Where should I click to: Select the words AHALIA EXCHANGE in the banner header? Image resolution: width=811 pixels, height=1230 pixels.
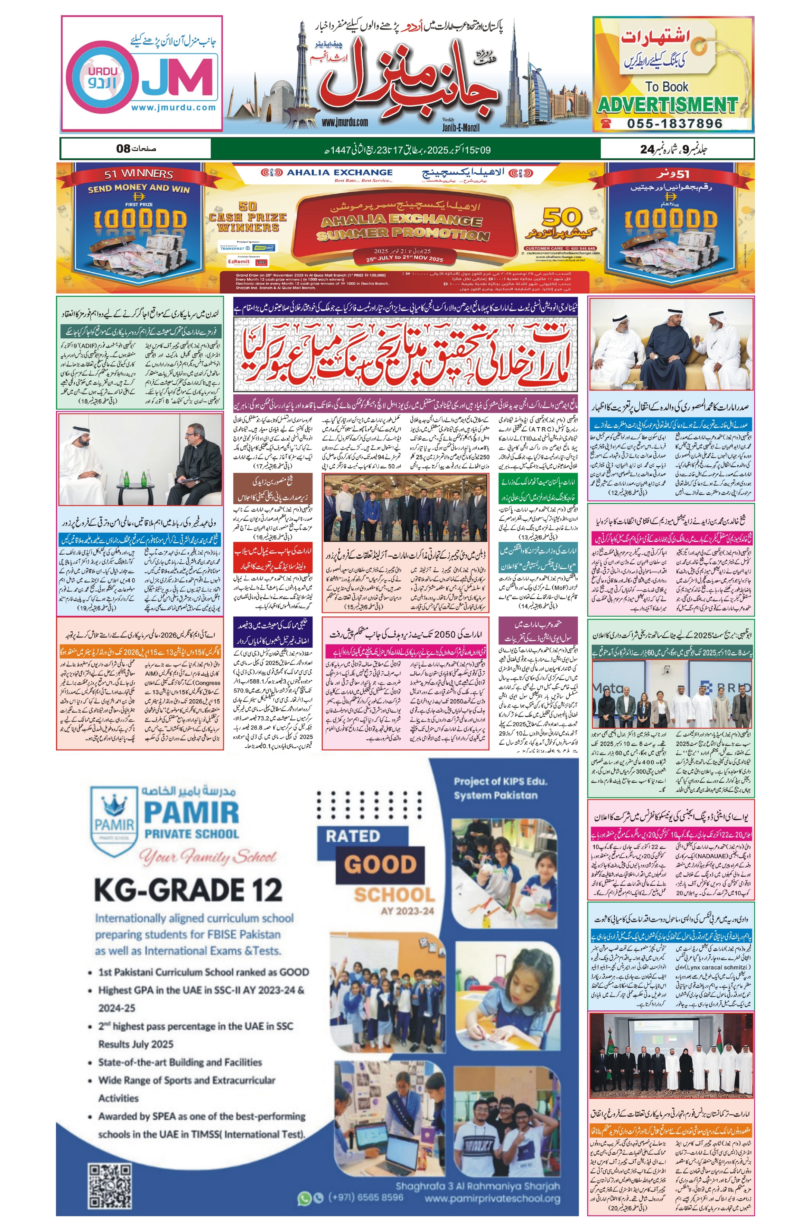[x=339, y=172]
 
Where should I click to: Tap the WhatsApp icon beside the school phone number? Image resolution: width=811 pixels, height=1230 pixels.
[x=304, y=1198]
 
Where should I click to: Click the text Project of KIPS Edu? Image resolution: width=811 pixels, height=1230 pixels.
[x=500, y=781]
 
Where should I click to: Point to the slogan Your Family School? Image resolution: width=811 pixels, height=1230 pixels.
[x=207, y=857]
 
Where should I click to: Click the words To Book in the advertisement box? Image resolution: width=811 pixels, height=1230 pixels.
[x=667, y=86]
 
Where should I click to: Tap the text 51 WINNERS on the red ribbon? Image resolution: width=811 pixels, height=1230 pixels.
[x=139, y=174]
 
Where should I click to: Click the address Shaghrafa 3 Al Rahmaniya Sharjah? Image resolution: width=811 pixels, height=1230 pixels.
[x=477, y=1186]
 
